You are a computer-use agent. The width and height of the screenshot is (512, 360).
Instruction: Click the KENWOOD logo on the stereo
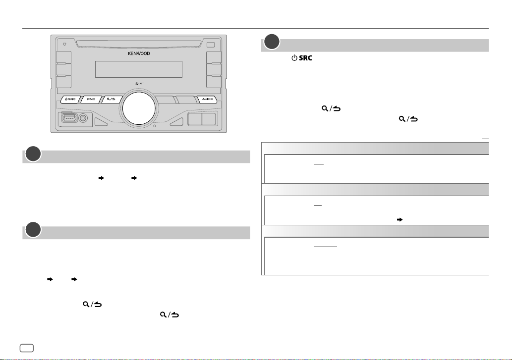(139, 53)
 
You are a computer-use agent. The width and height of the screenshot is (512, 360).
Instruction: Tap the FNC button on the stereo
(91, 99)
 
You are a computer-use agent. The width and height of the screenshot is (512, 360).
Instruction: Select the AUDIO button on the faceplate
(207, 99)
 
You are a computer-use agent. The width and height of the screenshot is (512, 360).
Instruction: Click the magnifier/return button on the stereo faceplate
(112, 99)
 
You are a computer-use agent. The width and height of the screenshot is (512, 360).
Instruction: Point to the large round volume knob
(139, 108)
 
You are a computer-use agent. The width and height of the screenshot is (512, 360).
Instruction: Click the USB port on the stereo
(70, 118)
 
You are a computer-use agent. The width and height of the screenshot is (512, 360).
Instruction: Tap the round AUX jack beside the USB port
(83, 118)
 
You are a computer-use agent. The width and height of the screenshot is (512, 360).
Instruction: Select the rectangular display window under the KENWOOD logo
(139, 69)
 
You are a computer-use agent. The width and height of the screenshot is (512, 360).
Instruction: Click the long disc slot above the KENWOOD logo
(139, 44)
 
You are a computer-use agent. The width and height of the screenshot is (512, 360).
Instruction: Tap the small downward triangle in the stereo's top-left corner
(64, 45)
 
